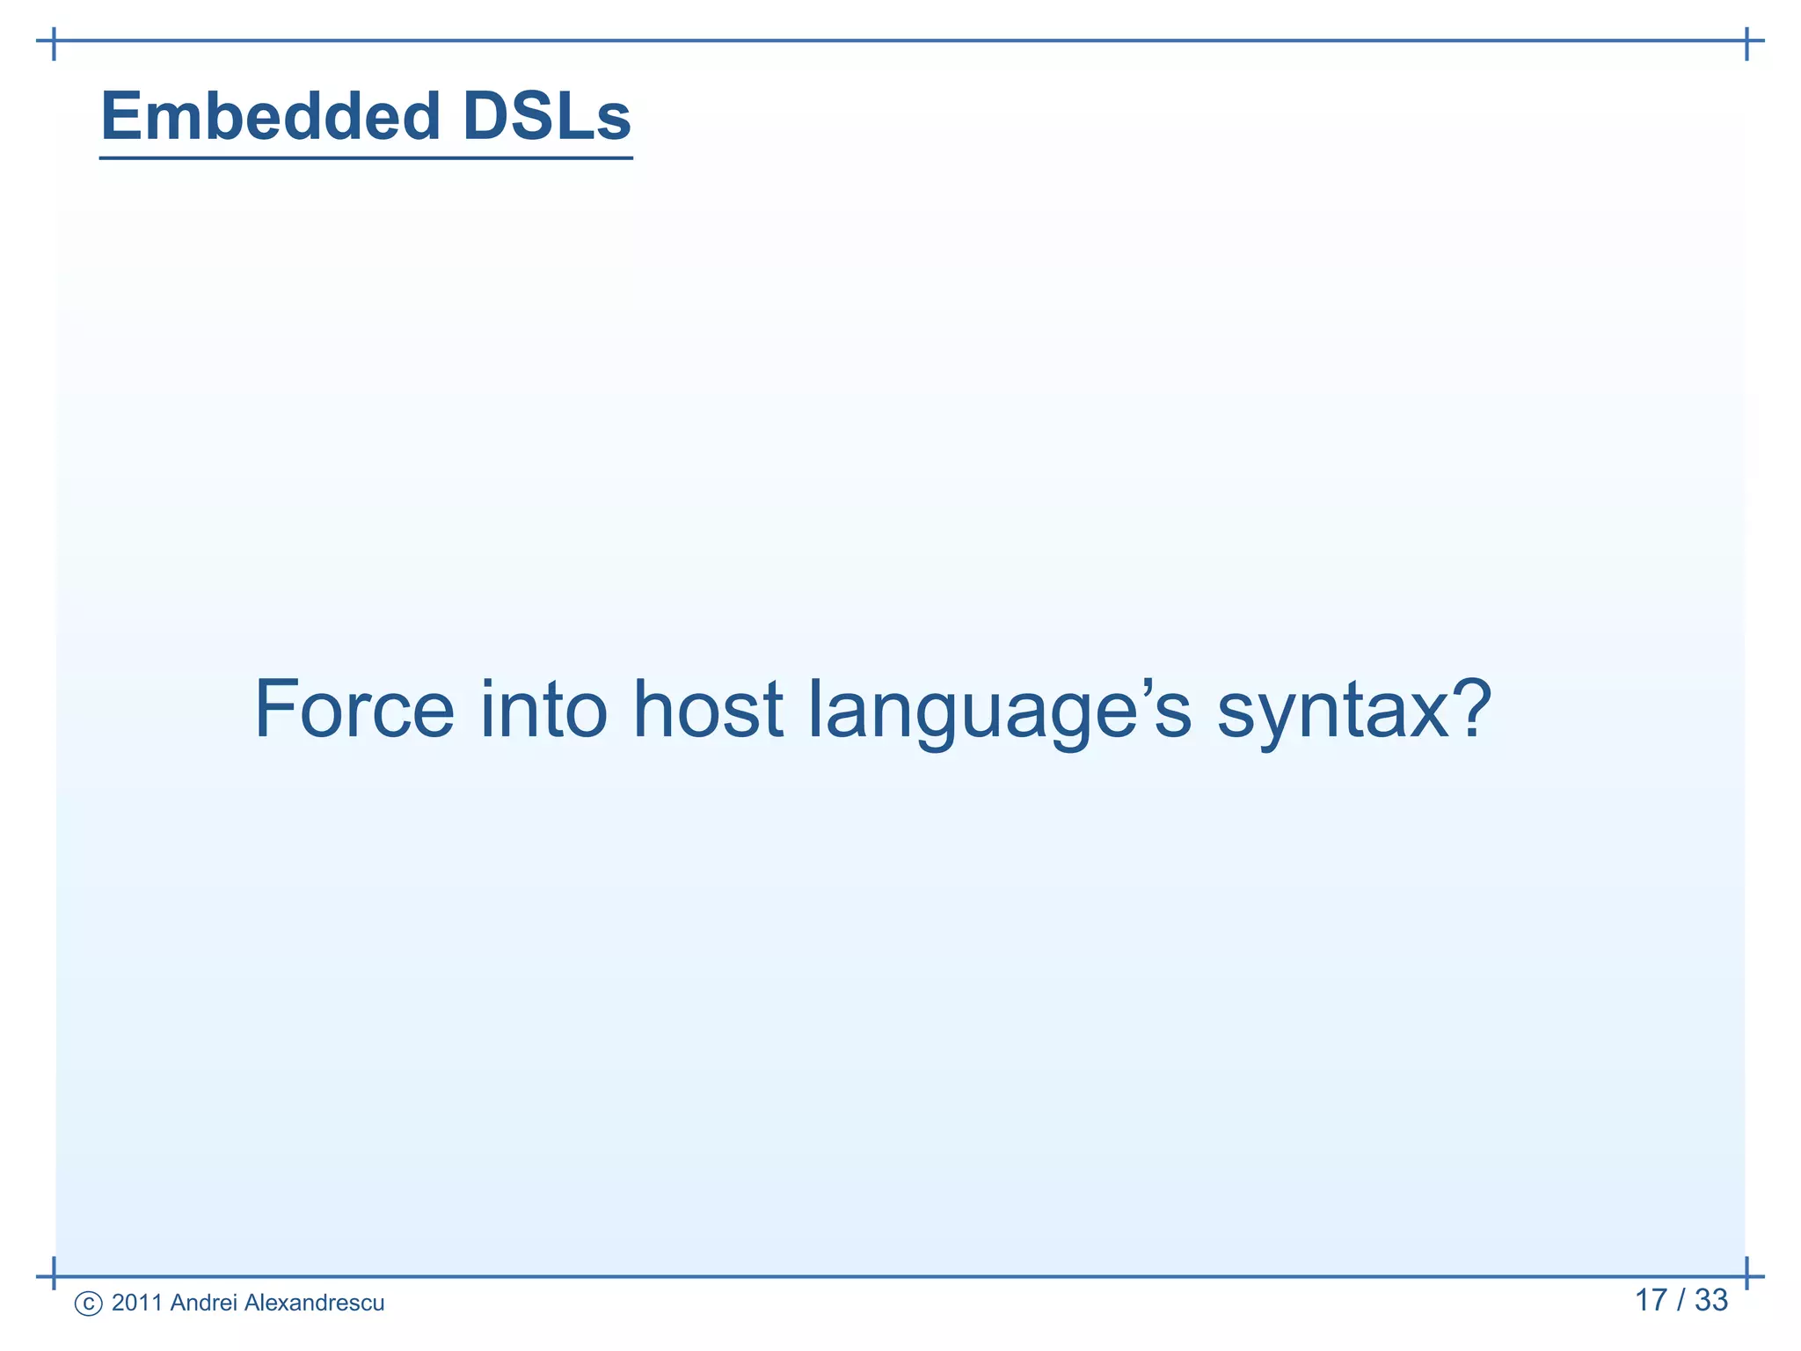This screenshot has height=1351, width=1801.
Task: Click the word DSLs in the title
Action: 546,116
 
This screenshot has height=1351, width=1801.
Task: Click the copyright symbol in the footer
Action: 88,1304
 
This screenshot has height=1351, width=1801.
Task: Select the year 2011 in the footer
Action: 137,1303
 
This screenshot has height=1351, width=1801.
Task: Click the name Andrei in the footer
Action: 203,1303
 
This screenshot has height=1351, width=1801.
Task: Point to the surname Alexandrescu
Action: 313,1303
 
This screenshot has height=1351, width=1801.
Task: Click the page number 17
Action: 1651,1300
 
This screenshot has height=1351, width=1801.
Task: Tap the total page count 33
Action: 1711,1300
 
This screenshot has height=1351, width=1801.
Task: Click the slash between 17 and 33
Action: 1681,1300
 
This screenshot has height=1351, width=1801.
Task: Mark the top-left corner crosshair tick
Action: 55,41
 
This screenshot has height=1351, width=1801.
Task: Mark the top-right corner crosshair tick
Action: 1746,41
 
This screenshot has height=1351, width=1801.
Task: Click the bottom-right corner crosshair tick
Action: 1746,1276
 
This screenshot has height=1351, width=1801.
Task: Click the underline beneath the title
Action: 366,158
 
